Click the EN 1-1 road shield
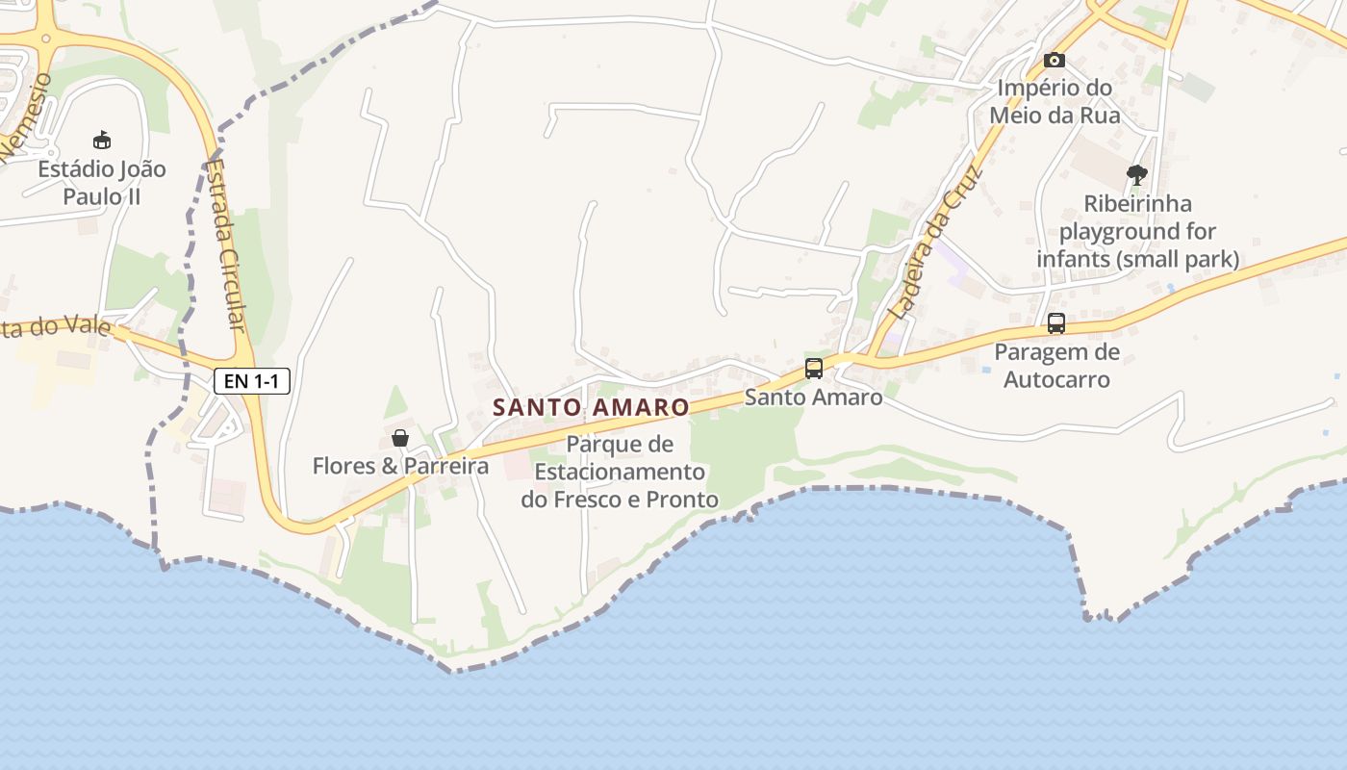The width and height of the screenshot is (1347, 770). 251,381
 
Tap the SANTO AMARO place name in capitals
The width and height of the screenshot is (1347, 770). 591,407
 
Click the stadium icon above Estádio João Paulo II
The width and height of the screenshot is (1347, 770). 102,141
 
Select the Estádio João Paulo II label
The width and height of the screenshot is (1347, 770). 102,182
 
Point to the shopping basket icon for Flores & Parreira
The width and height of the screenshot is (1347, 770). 400,439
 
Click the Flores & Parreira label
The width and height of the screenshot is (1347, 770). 400,467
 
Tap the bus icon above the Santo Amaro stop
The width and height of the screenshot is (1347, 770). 814,368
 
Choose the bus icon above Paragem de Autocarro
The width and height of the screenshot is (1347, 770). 1056,323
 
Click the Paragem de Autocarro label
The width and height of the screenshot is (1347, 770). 1056,366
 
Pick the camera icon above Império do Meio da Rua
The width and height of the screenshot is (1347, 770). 1055,60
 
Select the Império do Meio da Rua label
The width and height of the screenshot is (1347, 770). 1055,101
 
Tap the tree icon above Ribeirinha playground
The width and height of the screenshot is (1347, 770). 1137,175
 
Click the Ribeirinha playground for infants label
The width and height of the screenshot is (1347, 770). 1137,231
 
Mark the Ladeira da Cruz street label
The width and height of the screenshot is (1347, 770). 934,244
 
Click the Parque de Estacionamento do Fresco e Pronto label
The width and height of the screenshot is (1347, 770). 620,472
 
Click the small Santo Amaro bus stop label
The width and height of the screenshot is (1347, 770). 814,397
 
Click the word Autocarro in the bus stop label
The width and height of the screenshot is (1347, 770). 1056,379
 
